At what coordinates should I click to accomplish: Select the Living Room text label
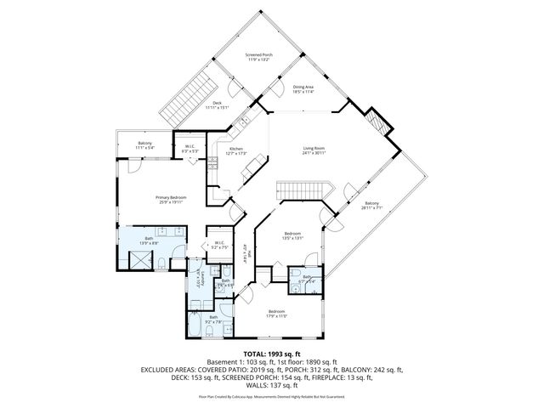tap(314, 150)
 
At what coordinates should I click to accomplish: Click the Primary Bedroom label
tap(171, 199)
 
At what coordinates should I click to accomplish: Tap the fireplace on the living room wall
tap(377, 127)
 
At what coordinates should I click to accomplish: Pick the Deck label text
tap(217, 105)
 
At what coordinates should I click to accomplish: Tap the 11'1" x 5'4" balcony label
tap(144, 145)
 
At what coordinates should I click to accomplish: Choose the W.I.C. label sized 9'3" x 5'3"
tap(191, 149)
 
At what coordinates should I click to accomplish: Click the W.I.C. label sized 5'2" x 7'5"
tap(218, 246)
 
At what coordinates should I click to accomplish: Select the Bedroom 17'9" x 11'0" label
tap(277, 313)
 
